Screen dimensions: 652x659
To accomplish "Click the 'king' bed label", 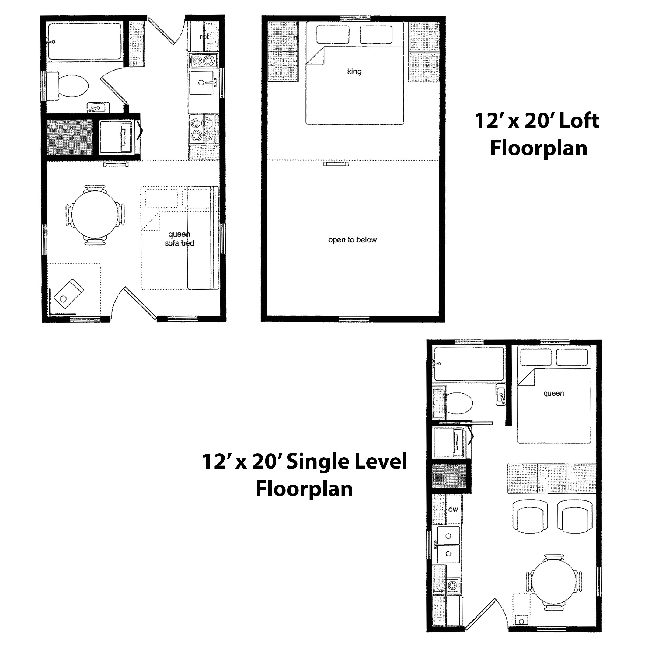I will pos(354,71).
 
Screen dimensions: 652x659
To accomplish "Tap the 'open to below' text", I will pos(352,240).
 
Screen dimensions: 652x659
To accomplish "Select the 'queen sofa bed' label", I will pos(180,239).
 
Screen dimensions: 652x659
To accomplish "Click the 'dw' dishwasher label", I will pos(453,509).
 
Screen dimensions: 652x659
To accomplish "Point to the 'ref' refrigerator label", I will pos(204,36).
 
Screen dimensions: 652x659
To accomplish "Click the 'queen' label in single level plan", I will pos(554,393).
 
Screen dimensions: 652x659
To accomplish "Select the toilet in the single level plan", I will pos(459,403).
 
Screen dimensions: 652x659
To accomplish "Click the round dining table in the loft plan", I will pos(95,214).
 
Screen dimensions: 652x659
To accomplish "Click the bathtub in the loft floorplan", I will pos(85,41).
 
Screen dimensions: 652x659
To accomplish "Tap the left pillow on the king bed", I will pos(333,34).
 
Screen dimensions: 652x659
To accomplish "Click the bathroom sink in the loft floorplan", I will pos(98,108).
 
